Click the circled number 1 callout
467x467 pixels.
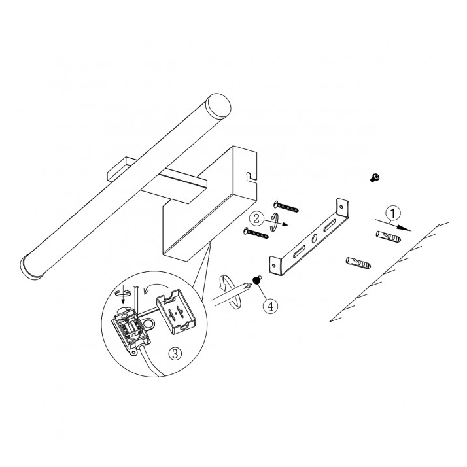pyautogui.click(x=393, y=213)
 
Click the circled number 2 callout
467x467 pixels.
pyautogui.click(x=256, y=219)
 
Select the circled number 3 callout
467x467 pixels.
pyautogui.click(x=175, y=354)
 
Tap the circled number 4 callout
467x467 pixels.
pyautogui.click(x=270, y=306)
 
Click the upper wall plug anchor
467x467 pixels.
pyautogui.click(x=388, y=237)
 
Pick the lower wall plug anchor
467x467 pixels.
pyautogui.click(x=358, y=263)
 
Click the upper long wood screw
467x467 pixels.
pyautogui.click(x=286, y=206)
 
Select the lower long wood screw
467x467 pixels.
pyautogui.click(x=256, y=233)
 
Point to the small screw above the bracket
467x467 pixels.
pyautogui.click(x=375, y=178)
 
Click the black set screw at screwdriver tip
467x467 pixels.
pyautogui.click(x=257, y=280)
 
